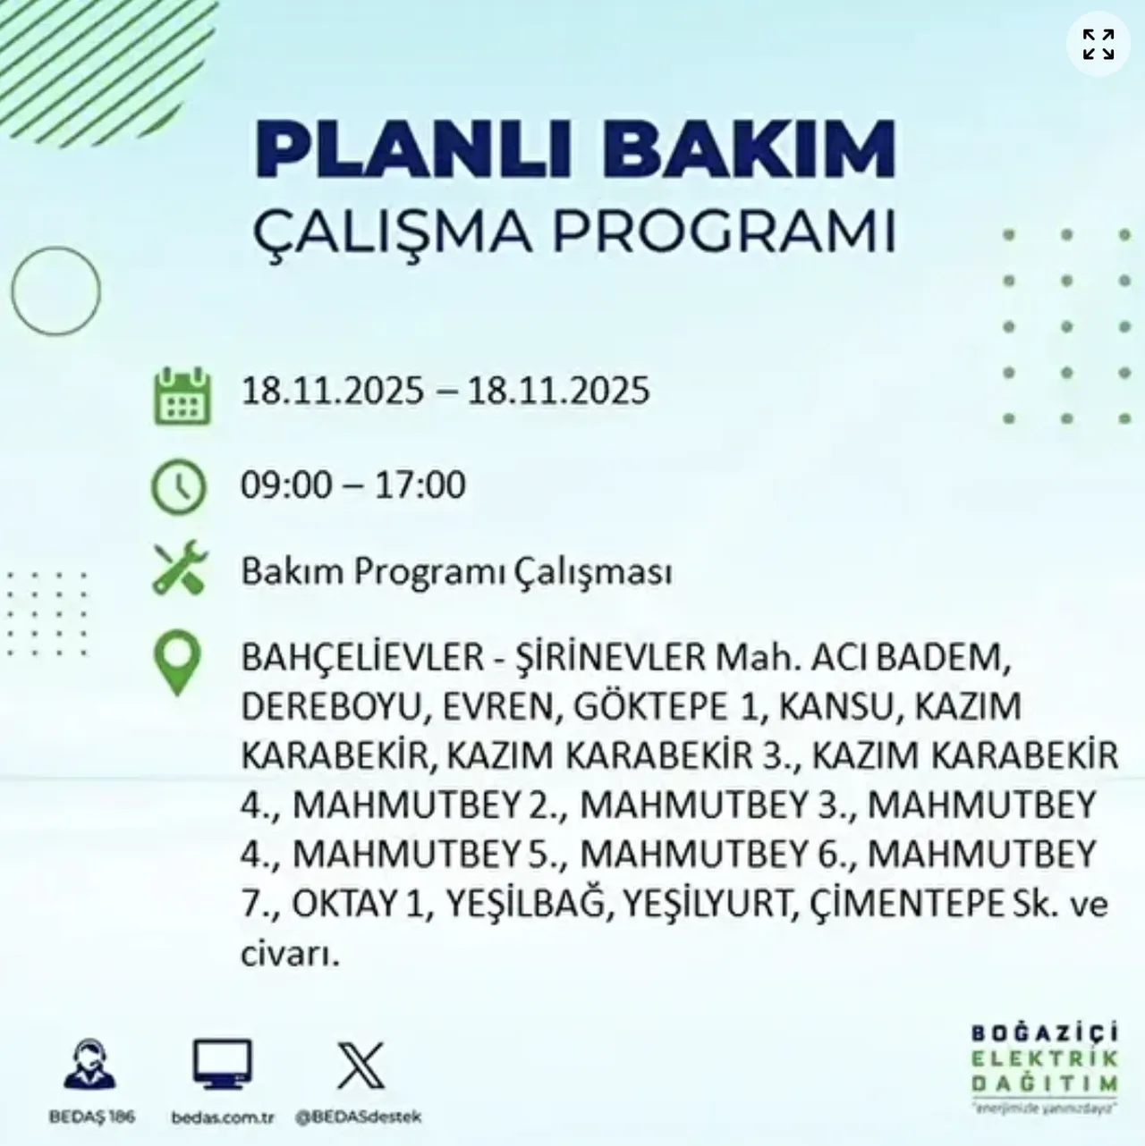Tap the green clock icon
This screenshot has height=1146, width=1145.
coord(179,486)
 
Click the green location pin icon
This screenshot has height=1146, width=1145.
coord(178,662)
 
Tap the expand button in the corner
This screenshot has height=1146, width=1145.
coord(1098,44)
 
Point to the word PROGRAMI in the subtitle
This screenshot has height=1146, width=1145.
coord(724,231)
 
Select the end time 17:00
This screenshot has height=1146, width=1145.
coord(420,485)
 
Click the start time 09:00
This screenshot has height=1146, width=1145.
coord(285,485)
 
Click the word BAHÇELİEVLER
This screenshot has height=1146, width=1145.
coord(361,658)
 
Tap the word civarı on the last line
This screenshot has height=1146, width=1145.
coord(290,954)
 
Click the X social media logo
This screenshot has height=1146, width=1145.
coord(360,1066)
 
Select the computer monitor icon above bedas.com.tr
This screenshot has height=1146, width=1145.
coord(223,1064)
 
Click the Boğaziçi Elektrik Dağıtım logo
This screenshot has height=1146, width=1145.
coord(1045,1067)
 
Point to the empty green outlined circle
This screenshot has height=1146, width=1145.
coord(55,291)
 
